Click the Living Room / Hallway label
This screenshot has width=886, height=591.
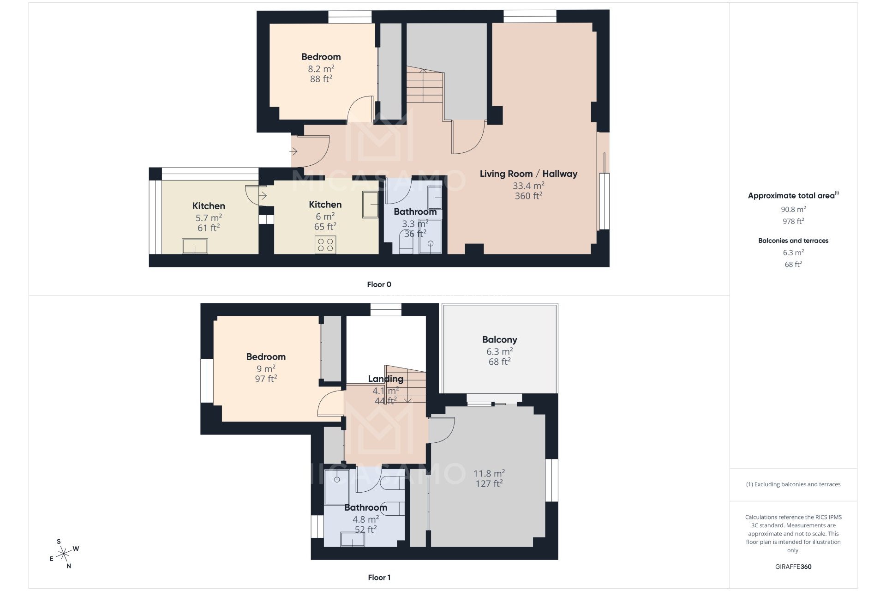click(x=528, y=174)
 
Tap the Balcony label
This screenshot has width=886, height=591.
click(x=499, y=340)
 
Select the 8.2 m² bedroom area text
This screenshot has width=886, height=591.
click(x=321, y=69)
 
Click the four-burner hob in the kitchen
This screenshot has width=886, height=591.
click(x=325, y=245)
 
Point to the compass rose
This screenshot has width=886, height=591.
click(x=64, y=552)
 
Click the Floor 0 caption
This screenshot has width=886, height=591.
click(x=379, y=284)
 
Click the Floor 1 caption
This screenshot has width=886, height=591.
click(x=379, y=577)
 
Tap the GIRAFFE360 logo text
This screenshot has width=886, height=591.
click(x=793, y=567)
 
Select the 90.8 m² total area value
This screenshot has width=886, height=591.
click(x=793, y=209)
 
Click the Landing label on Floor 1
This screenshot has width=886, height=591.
click(x=385, y=379)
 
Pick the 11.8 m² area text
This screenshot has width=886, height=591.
click(x=489, y=474)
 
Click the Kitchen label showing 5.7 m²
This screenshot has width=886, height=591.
click(x=209, y=206)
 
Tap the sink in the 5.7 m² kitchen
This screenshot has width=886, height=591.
click(x=195, y=246)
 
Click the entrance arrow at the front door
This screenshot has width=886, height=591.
click(x=293, y=151)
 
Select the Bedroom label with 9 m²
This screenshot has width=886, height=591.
click(x=266, y=357)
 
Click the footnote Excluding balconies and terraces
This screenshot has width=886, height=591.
click(x=793, y=484)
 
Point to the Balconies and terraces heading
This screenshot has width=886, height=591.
click(x=793, y=241)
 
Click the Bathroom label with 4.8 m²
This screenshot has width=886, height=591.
click(x=365, y=507)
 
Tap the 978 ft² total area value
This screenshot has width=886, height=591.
click(x=793, y=221)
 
